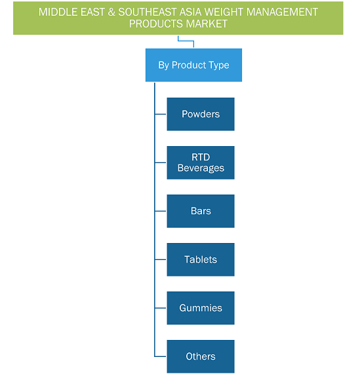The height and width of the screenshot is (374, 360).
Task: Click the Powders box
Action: tap(201, 114)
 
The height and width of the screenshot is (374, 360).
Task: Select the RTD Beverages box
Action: tap(201, 162)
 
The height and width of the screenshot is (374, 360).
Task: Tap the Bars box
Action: tap(201, 211)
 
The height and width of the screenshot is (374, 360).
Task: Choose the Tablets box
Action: tap(201, 259)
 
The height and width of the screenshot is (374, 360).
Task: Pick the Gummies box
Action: tap(201, 308)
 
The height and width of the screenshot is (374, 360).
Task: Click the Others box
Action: tap(201, 356)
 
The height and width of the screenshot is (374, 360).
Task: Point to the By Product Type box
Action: tap(193, 65)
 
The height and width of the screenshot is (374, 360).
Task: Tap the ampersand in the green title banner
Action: tap(111, 12)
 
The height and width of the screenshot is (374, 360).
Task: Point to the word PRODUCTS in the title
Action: tap(156, 24)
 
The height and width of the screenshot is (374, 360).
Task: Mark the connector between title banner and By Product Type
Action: tap(186, 41)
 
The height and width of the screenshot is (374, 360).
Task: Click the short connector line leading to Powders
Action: tap(160, 114)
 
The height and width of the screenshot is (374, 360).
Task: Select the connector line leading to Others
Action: tap(160, 356)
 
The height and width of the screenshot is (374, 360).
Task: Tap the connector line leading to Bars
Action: tap(160, 211)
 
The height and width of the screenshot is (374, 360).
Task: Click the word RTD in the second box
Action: tap(201, 157)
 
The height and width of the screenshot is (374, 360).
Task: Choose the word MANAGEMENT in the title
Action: tap(282, 12)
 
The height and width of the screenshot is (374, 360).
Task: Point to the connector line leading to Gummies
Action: tap(160, 308)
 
